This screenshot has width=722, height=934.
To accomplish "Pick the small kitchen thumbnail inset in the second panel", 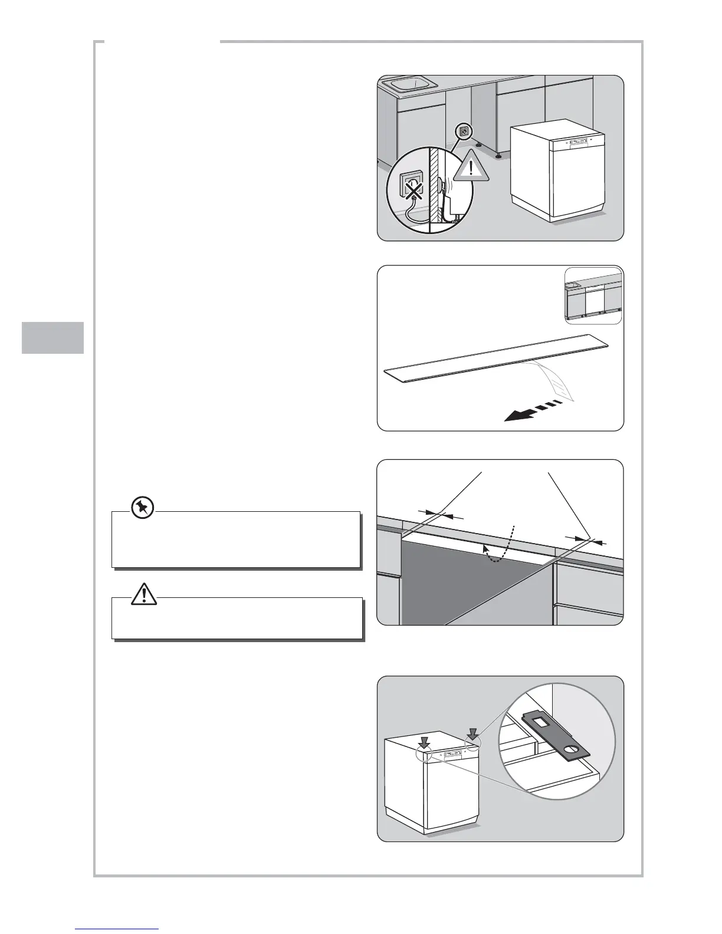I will (593, 296).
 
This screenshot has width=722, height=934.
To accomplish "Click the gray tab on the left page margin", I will (53, 337).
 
